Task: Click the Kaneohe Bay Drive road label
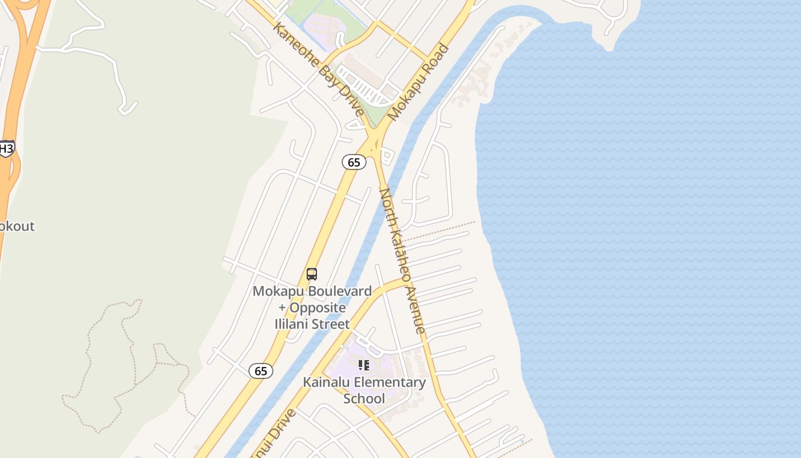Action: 318,69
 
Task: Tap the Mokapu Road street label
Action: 418,82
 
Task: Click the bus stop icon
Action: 312,274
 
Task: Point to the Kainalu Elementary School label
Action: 364,390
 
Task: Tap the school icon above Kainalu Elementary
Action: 364,365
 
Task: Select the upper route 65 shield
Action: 354,162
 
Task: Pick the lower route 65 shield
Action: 261,371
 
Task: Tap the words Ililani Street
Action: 312,324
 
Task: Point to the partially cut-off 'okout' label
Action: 17,226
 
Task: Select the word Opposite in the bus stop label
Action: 318,307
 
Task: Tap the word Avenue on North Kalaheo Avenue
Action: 416,309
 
